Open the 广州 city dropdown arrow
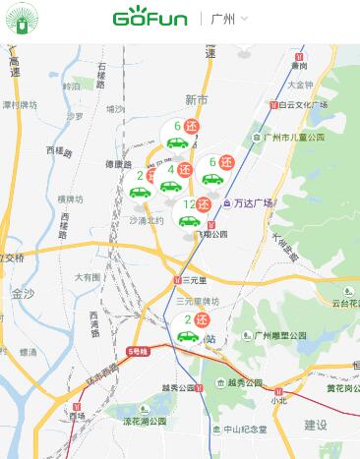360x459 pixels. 244,19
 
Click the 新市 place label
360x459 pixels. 197,100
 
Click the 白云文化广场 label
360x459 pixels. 301,104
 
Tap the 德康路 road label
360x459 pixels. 118,164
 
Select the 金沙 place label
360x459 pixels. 22,293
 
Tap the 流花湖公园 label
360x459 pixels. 142,421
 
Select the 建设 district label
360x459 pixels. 316,425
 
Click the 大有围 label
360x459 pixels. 88,277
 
